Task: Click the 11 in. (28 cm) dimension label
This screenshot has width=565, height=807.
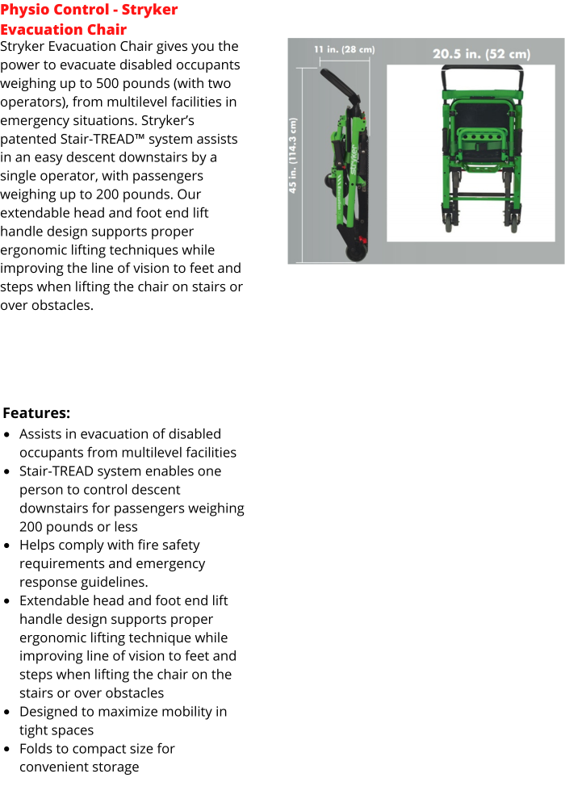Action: pyautogui.click(x=344, y=50)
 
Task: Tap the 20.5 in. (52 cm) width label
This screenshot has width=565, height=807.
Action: pyautogui.click(x=481, y=54)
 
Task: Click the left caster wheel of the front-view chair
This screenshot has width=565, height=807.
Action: pyautogui.click(x=447, y=224)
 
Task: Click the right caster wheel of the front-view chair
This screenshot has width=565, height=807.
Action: pyautogui.click(x=512, y=224)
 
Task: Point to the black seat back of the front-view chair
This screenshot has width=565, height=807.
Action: pyautogui.click(x=479, y=109)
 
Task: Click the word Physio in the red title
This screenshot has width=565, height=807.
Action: pyautogui.click(x=24, y=10)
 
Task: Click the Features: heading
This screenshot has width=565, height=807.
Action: pyautogui.click(x=36, y=413)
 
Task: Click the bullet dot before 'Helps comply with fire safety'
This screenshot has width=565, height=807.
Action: pyautogui.click(x=7, y=546)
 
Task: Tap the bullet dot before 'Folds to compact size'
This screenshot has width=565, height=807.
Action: pyautogui.click(x=7, y=750)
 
